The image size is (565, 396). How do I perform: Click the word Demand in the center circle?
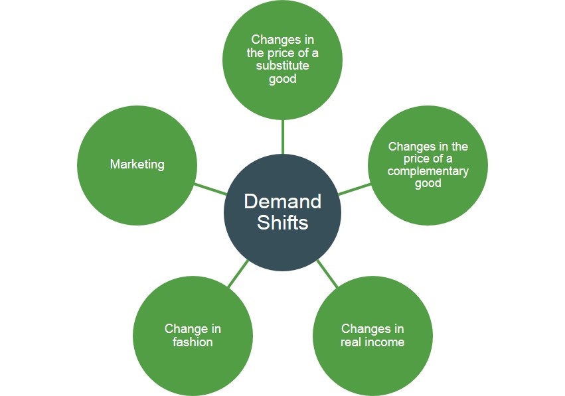point(282,201)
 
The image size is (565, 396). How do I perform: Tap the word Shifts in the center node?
point(282,222)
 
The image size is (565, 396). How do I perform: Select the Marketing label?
point(137,164)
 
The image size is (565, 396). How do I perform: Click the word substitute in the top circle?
point(282,66)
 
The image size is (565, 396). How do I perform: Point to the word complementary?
point(428,171)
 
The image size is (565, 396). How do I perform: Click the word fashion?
point(193,342)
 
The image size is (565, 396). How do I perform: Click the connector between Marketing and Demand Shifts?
point(211,188)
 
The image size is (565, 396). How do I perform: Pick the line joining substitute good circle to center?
point(283,137)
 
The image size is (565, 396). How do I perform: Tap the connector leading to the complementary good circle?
point(354,188)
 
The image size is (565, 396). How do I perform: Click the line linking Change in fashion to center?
point(238,273)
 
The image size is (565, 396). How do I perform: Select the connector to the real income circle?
point(327,273)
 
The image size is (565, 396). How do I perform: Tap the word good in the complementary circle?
point(428,183)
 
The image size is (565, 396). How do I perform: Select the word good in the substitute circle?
point(282,79)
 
